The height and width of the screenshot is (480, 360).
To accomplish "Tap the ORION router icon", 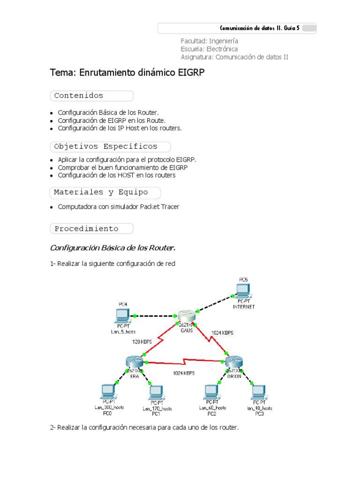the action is [x=234, y=362].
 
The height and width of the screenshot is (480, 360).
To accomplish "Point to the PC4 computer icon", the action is [x=121, y=315].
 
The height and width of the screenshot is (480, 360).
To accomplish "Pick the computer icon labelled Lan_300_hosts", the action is [x=109, y=391].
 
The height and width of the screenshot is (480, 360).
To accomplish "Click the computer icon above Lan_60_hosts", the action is [x=212, y=391].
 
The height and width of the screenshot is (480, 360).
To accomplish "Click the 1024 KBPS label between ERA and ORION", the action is [x=184, y=373].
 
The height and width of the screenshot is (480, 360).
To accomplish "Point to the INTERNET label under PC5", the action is [x=244, y=307].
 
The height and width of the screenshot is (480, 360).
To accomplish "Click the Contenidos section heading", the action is [x=79, y=96].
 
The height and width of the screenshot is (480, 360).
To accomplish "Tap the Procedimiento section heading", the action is [x=86, y=229].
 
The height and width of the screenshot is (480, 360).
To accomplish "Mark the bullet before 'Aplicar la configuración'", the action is [x=52, y=160].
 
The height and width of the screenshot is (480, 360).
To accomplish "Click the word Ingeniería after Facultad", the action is [x=224, y=41].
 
